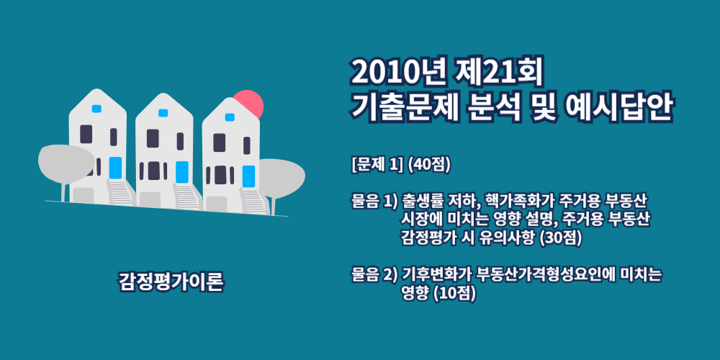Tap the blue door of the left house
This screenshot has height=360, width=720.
tap(116, 168)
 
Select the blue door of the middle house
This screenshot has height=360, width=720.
tap(182, 172)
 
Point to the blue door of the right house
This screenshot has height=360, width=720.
tap(248, 176)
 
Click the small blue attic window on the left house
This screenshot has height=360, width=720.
tap(96, 109)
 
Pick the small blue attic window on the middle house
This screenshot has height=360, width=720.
tap(163, 113)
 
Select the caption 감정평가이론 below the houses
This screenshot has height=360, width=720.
tap(171, 282)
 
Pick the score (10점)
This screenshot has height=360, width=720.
tap(456, 293)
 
